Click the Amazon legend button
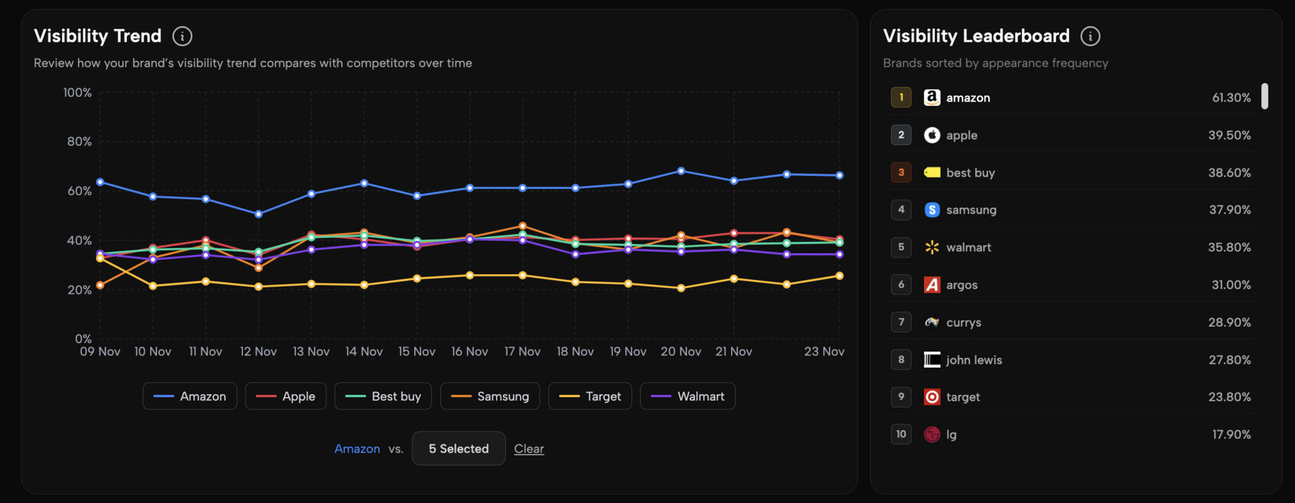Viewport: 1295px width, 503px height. point(190,396)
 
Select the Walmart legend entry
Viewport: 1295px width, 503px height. point(687,396)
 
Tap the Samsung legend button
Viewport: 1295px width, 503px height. point(490,396)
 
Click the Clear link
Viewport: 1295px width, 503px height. point(529,449)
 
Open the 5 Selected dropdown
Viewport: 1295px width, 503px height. point(459,449)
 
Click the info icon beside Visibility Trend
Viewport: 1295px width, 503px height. point(182,36)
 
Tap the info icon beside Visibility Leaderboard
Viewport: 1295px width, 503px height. point(1090,36)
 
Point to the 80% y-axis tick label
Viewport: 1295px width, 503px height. point(79,142)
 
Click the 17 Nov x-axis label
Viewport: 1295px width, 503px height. point(522,352)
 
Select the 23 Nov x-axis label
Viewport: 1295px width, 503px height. point(824,352)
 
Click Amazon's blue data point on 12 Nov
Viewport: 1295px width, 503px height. point(258,214)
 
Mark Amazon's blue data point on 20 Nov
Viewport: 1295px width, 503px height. point(681,171)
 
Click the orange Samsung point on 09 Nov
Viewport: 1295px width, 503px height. point(100,285)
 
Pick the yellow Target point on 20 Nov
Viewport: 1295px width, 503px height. point(681,288)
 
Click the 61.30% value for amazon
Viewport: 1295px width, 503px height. point(1231,98)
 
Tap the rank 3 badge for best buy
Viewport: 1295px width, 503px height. point(901,173)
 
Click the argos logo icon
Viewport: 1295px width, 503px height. point(931,285)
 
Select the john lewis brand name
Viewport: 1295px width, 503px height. point(973,360)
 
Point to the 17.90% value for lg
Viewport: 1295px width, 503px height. point(1231,435)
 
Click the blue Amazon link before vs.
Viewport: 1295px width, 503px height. point(357,449)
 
